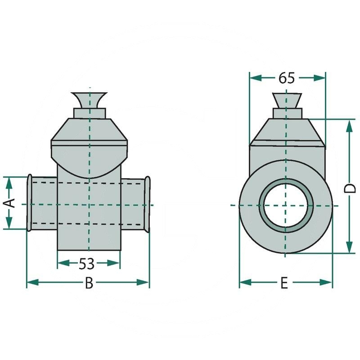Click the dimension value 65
coord(287,78)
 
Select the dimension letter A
coord(10,203)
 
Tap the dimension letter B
coord(89,283)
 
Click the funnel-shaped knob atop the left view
coord(90,99)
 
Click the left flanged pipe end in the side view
coord(30,203)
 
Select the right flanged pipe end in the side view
coord(147,203)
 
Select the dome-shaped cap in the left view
coord(90,157)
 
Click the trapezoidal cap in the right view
coord(287,133)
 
